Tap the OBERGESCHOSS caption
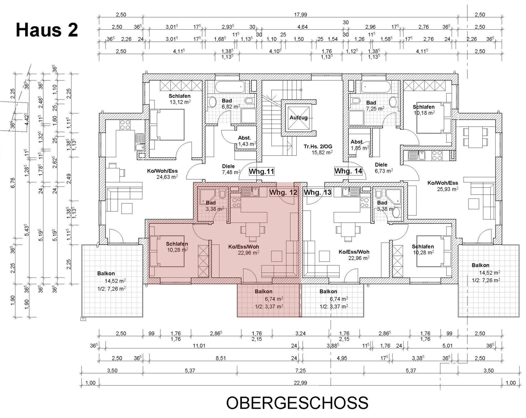tap(297, 403)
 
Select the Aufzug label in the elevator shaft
tap(299, 118)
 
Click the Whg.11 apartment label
tap(261, 171)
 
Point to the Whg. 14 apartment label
tap(348, 171)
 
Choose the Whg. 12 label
tap(283, 192)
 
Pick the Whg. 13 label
tap(317, 192)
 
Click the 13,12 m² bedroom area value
tap(180, 102)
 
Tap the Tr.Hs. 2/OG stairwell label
tap(318, 147)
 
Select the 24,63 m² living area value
tap(167, 177)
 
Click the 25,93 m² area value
tap(447, 189)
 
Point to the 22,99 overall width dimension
tap(300, 383)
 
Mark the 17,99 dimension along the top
tap(300, 15)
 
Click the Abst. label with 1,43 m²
tap(244, 138)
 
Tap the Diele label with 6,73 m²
tap(381, 165)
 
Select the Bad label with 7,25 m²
tap(371, 103)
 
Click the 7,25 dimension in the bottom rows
tap(300, 371)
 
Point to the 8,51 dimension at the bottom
tap(221, 358)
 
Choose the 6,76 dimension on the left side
tap(13, 183)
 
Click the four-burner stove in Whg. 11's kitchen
tap(125, 125)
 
